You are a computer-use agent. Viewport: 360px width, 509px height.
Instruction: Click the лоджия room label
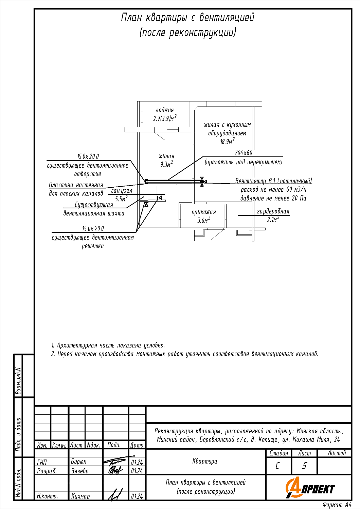point(165,110)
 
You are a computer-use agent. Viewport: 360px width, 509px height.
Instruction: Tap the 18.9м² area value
point(227,142)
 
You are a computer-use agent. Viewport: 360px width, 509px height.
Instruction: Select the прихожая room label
point(203,212)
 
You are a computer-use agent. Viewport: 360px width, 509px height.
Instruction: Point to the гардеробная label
point(273,211)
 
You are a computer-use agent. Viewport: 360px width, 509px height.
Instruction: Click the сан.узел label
point(122,191)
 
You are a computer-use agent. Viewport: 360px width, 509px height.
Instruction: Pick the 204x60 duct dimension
point(244,153)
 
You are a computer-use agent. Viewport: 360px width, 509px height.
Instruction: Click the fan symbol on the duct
point(202,182)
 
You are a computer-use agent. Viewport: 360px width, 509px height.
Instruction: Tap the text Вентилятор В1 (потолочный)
point(273,181)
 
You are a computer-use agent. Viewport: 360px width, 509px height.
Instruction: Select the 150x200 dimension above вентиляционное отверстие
point(88,156)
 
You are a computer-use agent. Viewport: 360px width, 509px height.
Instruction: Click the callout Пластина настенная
point(76,185)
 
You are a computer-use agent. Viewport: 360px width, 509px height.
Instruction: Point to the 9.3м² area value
point(166,165)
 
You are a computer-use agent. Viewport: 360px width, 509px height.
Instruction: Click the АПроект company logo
point(310,488)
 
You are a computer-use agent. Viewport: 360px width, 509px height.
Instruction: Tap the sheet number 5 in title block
point(304,466)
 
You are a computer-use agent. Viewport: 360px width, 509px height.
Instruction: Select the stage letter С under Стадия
point(278,466)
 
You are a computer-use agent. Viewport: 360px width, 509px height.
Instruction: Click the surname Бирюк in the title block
point(78,461)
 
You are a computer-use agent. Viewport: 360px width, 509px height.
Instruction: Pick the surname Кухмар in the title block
point(80,496)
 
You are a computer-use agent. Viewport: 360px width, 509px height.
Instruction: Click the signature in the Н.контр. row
point(115,495)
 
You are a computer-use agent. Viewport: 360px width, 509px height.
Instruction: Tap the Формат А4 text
point(337,505)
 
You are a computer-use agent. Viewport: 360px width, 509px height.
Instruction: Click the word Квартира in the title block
point(204,461)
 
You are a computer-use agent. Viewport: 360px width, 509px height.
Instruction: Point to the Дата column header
point(137,445)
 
